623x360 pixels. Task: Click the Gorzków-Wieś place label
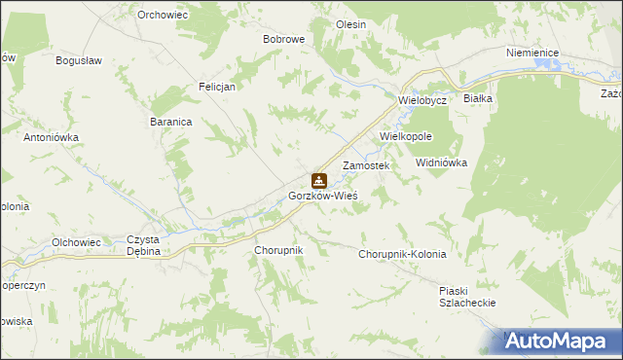click(323, 196)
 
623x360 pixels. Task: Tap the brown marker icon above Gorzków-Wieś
click(318, 180)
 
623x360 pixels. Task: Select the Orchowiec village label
click(162, 15)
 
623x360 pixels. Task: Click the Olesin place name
click(350, 24)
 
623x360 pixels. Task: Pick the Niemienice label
click(531, 54)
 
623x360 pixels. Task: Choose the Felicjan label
click(218, 86)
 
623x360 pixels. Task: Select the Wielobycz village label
click(421, 100)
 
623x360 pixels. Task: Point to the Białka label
click(479, 99)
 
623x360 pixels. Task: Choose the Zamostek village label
click(366, 166)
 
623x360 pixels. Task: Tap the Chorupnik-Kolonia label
click(402, 254)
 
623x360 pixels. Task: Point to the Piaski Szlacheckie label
click(467, 297)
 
